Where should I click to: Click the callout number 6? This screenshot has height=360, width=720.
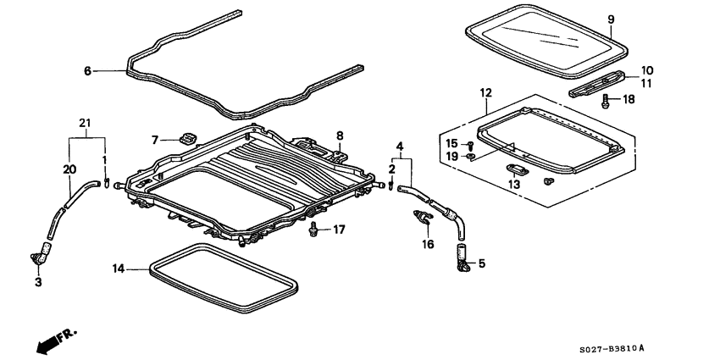[x=87, y=72]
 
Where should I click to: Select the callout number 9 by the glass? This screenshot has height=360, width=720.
[x=634, y=19]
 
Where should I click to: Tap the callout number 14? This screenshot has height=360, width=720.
[x=119, y=269]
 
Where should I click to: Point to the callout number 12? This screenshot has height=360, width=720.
[x=485, y=91]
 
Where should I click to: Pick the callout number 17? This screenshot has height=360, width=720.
[x=339, y=229]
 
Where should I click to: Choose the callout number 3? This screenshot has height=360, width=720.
[x=37, y=282]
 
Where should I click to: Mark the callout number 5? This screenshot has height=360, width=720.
[x=482, y=263]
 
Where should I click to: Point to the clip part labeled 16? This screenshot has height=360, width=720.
[x=420, y=220]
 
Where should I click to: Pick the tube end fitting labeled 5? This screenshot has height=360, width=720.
[x=462, y=258]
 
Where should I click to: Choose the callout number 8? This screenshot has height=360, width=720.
[x=339, y=135]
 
